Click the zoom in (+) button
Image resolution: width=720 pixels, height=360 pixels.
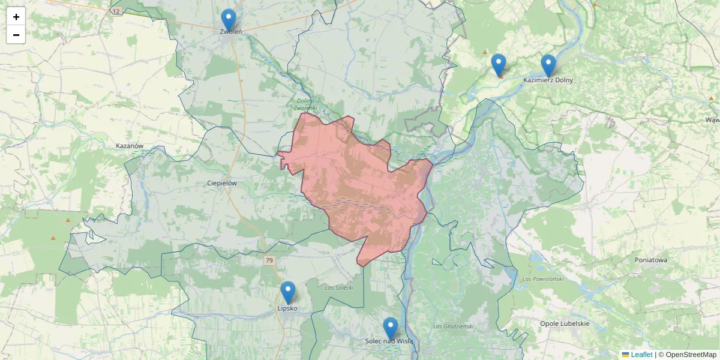click(16, 17)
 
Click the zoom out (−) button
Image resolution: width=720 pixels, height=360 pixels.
click(16, 35)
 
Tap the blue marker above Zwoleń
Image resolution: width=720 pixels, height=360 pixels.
click(228, 19)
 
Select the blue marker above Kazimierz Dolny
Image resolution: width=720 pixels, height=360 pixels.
click(548, 65)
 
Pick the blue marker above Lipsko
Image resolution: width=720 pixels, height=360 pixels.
click(288, 292)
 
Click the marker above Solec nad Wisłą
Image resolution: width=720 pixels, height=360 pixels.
click(391, 328)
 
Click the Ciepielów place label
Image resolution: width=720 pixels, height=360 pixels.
click(222, 183)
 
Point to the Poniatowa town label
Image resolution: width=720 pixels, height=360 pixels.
click(651, 260)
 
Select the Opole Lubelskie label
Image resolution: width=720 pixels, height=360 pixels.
click(564, 323)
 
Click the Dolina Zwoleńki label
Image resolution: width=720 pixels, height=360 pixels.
click(305, 104)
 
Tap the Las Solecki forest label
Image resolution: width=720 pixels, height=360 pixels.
click(339, 288)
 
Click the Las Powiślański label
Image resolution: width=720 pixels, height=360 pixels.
click(541, 279)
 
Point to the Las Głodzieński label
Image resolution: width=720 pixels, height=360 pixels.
click(453, 326)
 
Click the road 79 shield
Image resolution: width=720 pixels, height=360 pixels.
click(269, 260)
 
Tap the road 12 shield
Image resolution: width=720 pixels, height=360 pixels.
click(116, 11)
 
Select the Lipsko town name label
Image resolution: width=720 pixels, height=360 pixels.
click(287, 308)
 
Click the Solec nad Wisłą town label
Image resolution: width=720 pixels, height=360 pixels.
click(389, 341)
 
